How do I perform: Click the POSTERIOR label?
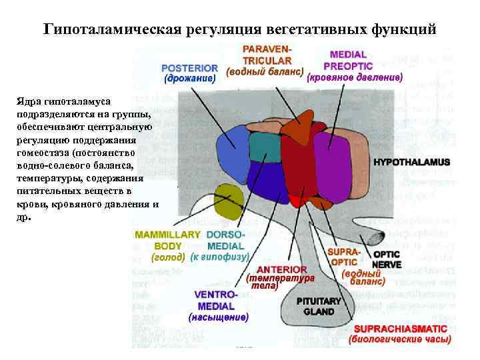pyautogui.click(x=189, y=67)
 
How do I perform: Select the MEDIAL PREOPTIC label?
pyautogui.click(x=347, y=59)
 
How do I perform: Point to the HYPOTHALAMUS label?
pyautogui.click(x=411, y=162)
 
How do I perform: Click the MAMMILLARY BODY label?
pyautogui.click(x=167, y=240)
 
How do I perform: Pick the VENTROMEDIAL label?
pyautogui.click(x=215, y=300)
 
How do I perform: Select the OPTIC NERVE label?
pyautogui.click(x=387, y=259)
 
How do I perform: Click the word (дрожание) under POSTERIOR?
pyautogui.click(x=190, y=79)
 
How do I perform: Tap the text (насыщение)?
pyautogui.click(x=219, y=318)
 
